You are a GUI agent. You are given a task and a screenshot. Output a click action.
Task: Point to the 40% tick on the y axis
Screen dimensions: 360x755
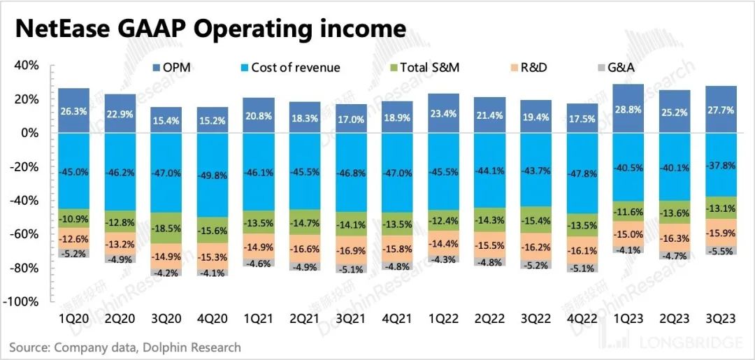(x=27, y=66)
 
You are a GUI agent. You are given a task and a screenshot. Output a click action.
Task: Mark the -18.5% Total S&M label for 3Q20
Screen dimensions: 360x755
(x=166, y=228)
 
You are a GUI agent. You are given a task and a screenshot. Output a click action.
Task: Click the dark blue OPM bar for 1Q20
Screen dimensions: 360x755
(x=73, y=110)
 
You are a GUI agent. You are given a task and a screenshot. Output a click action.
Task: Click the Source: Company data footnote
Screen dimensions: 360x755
(x=125, y=347)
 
